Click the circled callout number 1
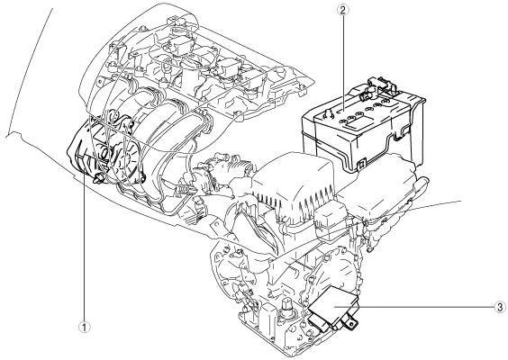[x=85, y=328]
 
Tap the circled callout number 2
[x=343, y=10]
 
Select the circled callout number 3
[x=500, y=307]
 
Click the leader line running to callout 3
[x=414, y=306]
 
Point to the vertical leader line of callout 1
[x=85, y=248]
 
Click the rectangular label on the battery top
[x=354, y=122]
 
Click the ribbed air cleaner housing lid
[x=294, y=181]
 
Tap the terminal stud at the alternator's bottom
[x=98, y=177]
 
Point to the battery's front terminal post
[x=326, y=113]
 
